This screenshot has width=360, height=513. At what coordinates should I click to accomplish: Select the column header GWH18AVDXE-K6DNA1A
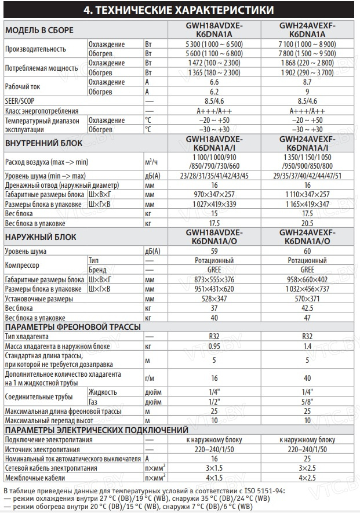[x=214, y=30]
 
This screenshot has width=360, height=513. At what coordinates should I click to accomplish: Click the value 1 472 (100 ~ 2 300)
[x=214, y=63]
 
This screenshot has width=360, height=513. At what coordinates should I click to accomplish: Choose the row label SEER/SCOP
[x=20, y=101]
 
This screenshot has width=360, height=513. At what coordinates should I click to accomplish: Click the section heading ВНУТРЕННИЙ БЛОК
[x=43, y=143]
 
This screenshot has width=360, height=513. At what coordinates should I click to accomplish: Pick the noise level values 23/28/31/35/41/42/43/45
[x=214, y=175]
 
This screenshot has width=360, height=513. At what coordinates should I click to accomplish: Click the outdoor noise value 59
[x=214, y=252]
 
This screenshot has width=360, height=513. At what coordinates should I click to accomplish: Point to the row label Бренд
[x=97, y=270]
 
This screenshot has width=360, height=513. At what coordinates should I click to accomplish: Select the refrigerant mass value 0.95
[x=214, y=346]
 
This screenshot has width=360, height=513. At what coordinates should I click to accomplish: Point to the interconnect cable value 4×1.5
[x=214, y=478]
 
